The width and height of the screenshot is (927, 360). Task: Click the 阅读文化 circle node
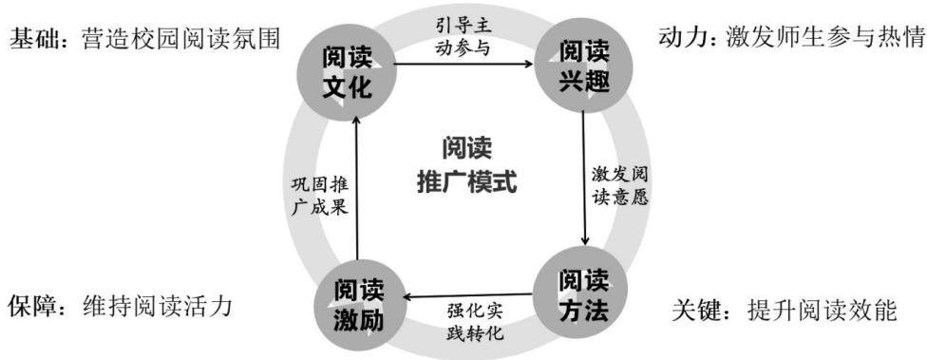point(347,72)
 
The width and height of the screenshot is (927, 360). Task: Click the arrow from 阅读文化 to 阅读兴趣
point(464,64)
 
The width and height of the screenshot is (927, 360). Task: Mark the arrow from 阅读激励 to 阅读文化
point(357,187)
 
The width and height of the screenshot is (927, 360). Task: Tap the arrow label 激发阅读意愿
point(620,186)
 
